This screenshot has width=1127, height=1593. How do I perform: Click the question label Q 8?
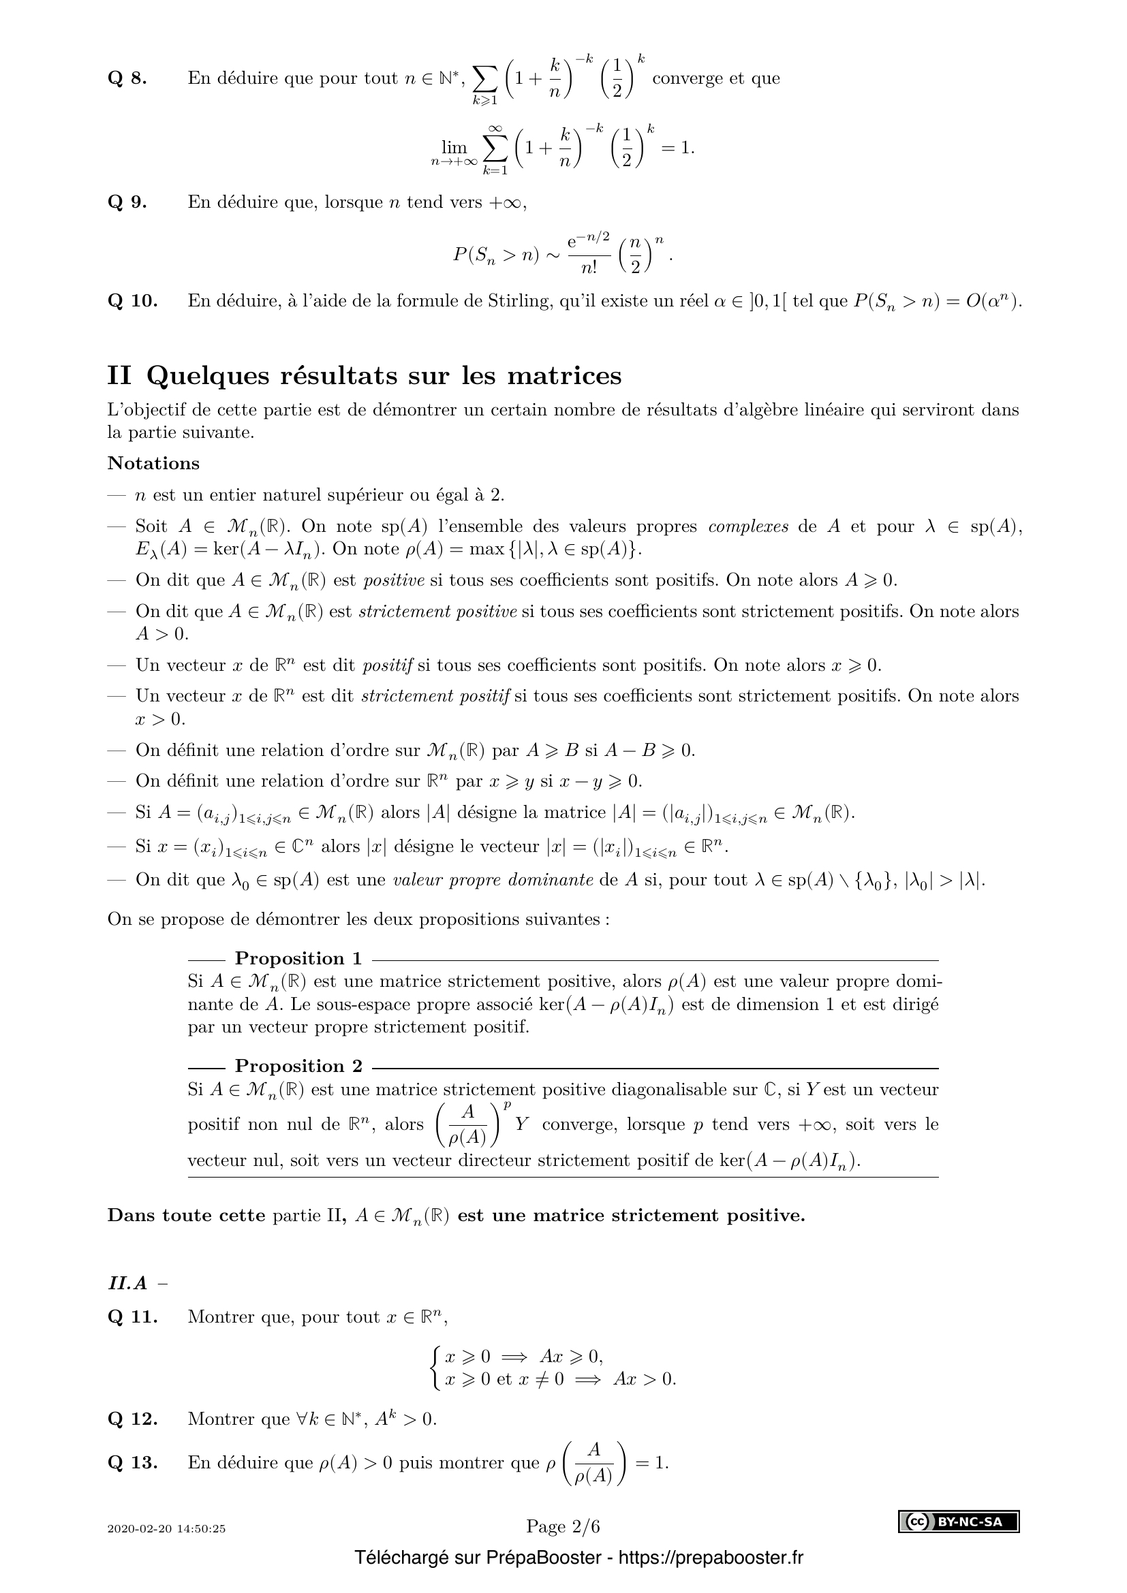pos(127,78)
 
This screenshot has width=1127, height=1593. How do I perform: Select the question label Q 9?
pos(127,202)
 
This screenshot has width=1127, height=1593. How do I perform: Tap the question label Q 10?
pos(132,301)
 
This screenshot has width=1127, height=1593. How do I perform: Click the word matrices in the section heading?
pos(564,375)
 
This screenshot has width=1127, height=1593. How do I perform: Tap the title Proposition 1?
pos(298,958)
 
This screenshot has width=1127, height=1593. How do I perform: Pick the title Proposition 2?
pos(298,1066)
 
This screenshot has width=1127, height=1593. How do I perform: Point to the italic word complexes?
pos(748,526)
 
